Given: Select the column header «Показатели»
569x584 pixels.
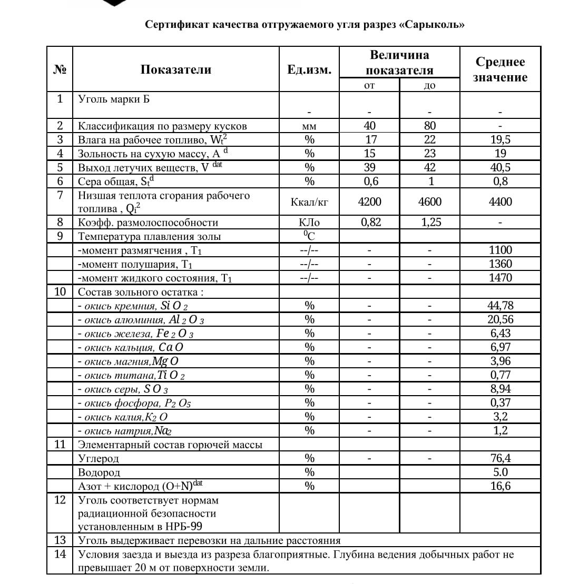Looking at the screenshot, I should point(176,69).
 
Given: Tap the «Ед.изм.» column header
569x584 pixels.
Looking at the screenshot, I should point(309,70).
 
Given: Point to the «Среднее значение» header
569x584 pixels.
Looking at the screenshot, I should point(500,69).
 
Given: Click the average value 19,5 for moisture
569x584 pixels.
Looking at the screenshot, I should point(500,139).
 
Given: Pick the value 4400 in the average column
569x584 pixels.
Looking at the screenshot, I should point(500,202).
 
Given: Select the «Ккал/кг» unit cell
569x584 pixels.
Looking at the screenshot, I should point(309,202).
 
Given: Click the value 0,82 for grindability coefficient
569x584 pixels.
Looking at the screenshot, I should point(370,222).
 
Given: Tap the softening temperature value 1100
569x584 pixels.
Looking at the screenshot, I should point(500,250).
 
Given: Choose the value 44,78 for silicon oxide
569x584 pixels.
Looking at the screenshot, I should point(500,306).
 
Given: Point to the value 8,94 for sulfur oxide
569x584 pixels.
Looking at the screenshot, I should point(500,389).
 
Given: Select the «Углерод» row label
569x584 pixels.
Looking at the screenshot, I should point(99,459).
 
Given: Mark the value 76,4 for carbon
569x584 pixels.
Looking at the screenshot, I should point(500,458).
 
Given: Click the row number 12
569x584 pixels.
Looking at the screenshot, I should point(60,500).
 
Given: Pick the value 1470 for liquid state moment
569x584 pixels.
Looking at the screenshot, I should point(500,278).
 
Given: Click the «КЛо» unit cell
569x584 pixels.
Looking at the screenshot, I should point(309,222).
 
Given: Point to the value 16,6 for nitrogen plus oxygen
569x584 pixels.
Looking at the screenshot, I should point(500,486).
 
